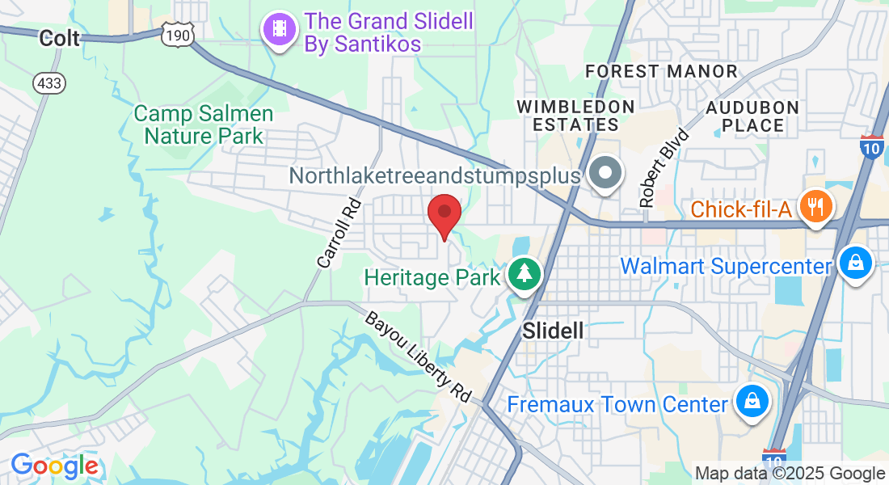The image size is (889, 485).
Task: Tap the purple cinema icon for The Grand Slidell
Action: [x=280, y=30]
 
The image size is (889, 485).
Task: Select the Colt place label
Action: [x=60, y=38]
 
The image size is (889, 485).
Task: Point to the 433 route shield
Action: [x=49, y=82]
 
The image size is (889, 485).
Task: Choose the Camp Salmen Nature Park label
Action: [x=204, y=124]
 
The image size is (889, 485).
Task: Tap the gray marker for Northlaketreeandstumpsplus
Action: [x=604, y=173]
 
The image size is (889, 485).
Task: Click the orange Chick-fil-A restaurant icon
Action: [x=816, y=205]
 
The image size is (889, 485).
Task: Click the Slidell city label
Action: [x=553, y=331]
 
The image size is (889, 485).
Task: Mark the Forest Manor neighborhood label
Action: [x=662, y=71]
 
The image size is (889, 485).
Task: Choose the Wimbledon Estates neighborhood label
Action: [x=576, y=116]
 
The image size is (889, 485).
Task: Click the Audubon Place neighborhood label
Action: [x=752, y=116]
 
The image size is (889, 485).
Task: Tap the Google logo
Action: [x=54, y=466]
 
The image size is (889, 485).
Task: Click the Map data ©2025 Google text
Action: [x=790, y=474]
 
